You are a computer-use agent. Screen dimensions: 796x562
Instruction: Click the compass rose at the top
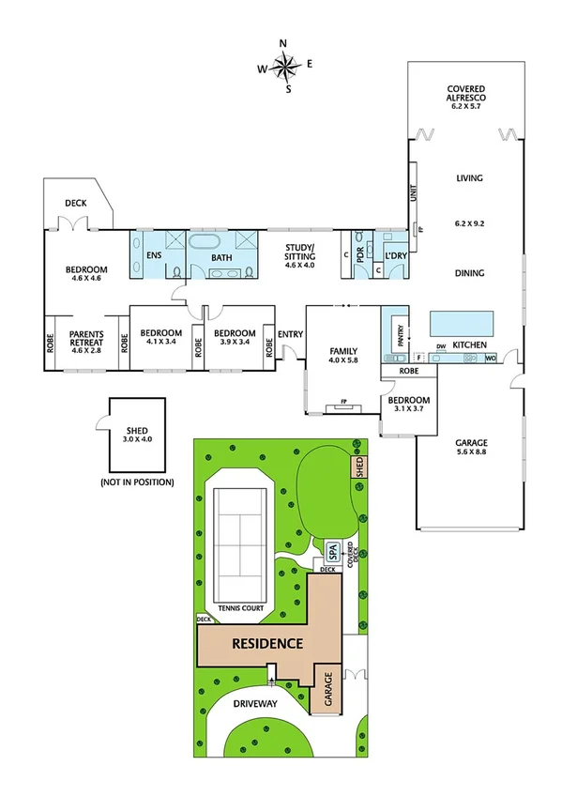pos(284,66)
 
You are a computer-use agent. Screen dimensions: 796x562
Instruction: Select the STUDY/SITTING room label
pos(300,252)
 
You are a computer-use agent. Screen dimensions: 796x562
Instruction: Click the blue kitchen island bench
pos(461,322)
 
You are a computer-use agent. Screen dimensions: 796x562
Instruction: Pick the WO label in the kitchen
pos(491,357)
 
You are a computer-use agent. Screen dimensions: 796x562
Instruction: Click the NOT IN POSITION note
pos(137,482)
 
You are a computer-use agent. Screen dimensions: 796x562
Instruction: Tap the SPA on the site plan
pos(330,550)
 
